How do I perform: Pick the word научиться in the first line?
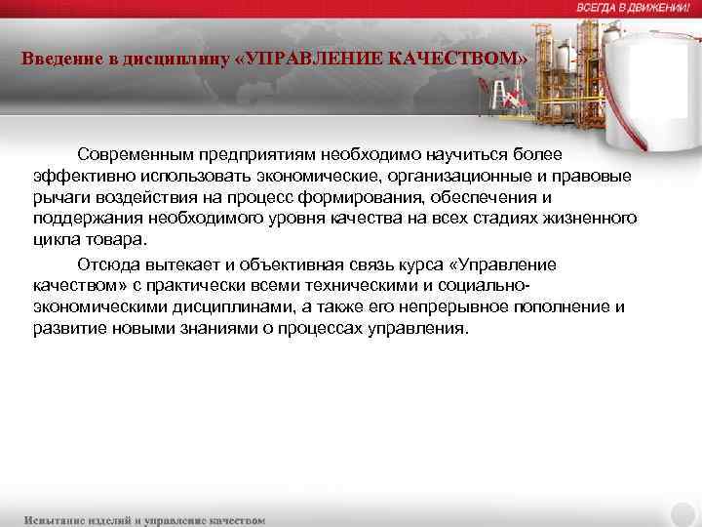pos(484,155)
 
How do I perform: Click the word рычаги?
pos(58,196)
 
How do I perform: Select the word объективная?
pos(265,264)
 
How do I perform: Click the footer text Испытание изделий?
pos(83,520)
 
